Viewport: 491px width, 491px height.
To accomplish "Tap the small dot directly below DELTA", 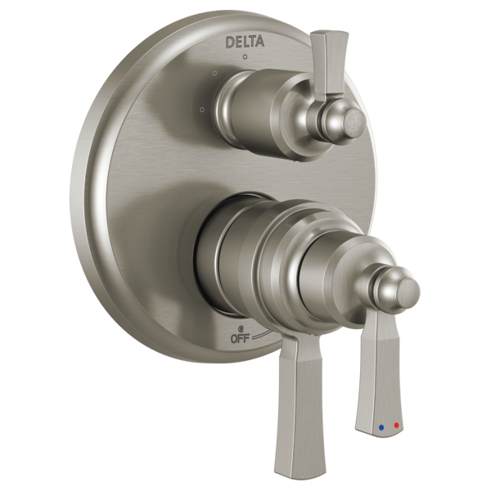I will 244,59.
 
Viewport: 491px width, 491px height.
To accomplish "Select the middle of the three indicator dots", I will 214,74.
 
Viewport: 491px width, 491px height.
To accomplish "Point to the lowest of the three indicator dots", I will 201,107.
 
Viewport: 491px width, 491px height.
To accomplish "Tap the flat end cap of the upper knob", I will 354,124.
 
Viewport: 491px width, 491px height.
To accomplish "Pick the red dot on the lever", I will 397,425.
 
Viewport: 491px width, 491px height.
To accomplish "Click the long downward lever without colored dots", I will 300,401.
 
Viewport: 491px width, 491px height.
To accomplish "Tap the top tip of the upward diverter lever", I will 322,36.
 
